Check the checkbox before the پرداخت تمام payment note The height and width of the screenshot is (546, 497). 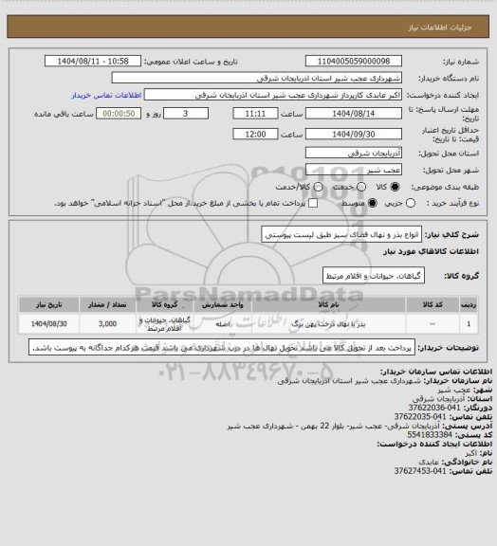coord(313,203)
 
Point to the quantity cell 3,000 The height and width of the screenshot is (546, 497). coord(106,323)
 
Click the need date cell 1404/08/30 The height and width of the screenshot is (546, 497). coord(45,323)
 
